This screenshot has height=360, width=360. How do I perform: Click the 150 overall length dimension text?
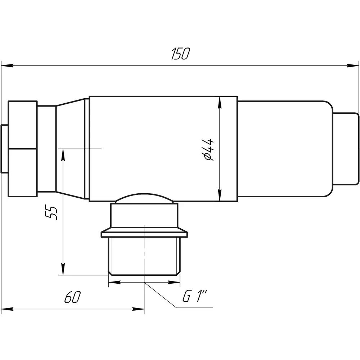(x=181, y=54)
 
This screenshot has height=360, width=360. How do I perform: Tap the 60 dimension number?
(x=73, y=297)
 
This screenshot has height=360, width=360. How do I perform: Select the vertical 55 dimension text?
(x=51, y=212)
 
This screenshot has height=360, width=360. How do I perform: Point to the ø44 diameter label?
(x=208, y=149)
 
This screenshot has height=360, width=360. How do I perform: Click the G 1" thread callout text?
(x=195, y=296)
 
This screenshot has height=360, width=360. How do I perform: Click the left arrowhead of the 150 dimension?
(x=7, y=66)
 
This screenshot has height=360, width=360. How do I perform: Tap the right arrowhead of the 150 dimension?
(x=353, y=66)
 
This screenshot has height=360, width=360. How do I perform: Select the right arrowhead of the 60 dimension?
(x=139, y=309)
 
